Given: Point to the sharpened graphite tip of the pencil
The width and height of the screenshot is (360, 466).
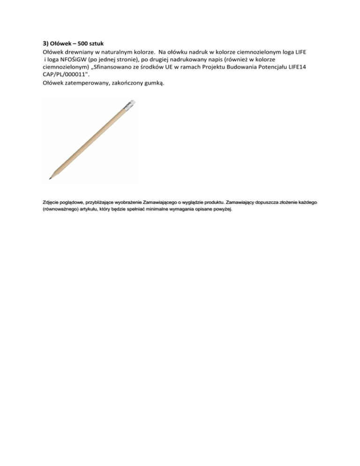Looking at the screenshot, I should coord(50,179).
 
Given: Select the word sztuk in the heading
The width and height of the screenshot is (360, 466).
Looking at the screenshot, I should coord(101,43).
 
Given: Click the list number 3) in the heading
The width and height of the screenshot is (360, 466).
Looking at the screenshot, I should coord(39,43).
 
